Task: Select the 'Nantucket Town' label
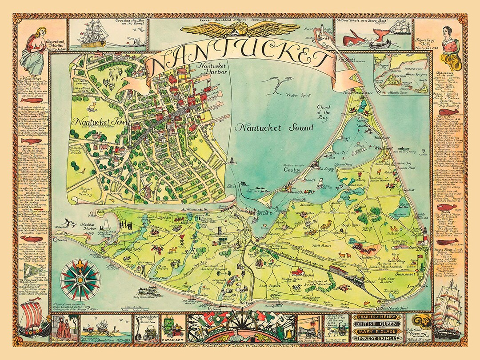[x=95, y=121]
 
